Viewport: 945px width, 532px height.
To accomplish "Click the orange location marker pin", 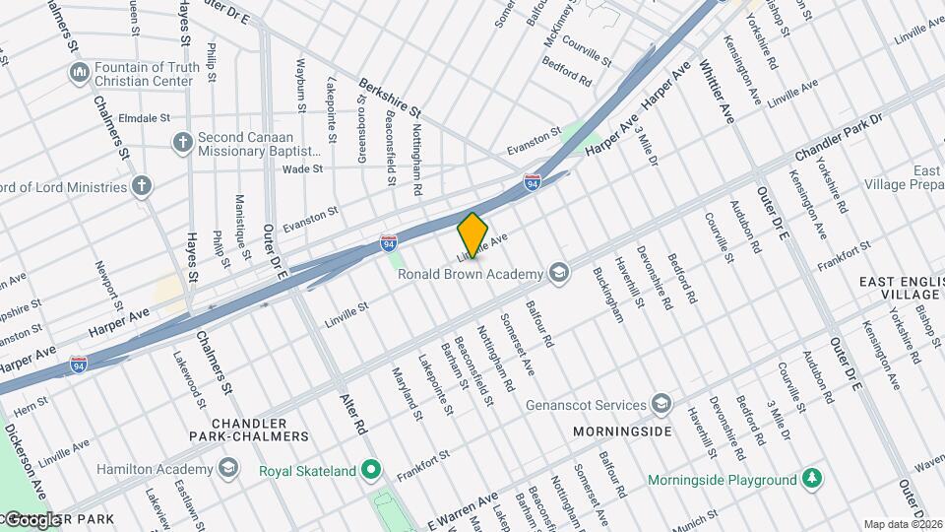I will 472,234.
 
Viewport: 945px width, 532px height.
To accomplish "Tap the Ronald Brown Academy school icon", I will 558,273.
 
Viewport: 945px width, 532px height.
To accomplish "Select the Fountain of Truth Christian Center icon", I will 79,74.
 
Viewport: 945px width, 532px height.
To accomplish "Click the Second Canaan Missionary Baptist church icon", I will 181,143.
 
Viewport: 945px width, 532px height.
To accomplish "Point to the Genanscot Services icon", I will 661,404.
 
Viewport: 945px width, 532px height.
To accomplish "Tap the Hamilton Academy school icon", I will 228,466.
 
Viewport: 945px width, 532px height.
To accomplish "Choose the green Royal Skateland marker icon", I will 371,471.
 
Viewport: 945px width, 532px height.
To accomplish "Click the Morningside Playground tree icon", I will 812,480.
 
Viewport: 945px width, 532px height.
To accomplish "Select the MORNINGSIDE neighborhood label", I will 623,432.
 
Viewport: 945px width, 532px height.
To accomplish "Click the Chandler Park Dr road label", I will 838,142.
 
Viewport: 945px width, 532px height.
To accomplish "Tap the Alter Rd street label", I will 351,415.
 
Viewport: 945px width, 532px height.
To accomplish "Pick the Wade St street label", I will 302,169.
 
